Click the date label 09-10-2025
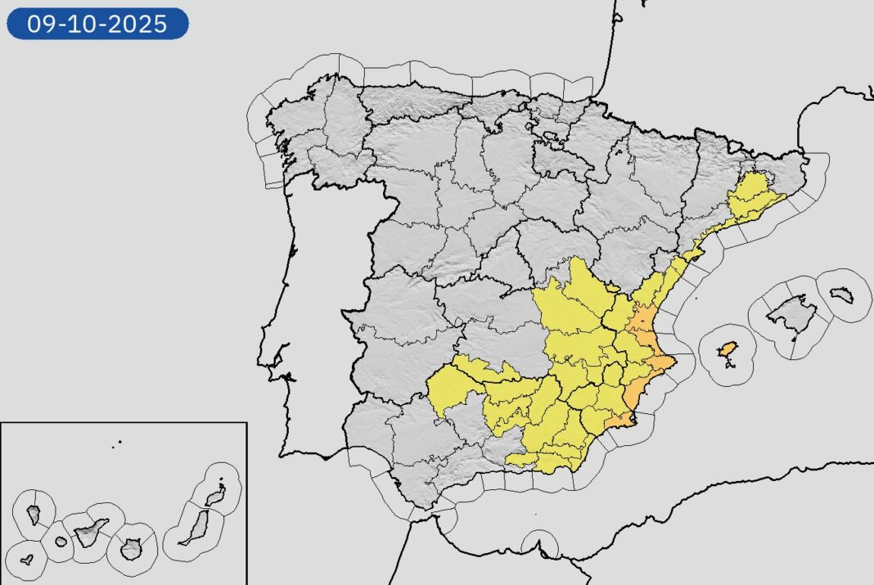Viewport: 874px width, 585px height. point(97,24)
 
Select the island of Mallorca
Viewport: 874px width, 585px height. point(789,313)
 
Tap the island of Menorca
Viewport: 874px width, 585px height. point(842,295)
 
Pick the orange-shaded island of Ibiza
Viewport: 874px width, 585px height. point(726,350)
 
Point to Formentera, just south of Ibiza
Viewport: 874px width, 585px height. point(728,365)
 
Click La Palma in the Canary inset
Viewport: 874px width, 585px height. point(34,514)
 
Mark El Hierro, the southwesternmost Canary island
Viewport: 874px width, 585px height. point(27,560)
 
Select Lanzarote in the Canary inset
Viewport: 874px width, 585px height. point(215,495)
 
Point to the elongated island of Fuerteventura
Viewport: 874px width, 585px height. point(196,529)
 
